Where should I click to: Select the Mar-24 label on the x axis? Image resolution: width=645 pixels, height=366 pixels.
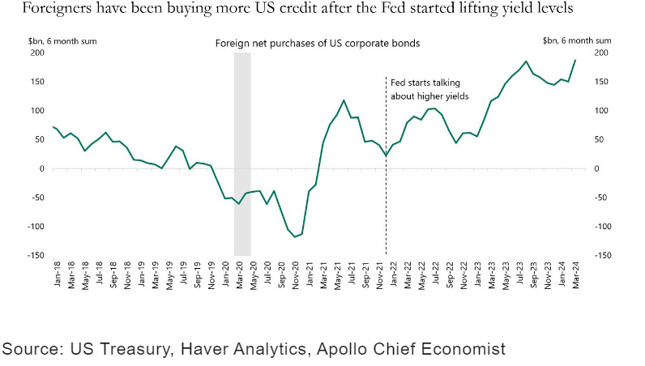click(575, 275)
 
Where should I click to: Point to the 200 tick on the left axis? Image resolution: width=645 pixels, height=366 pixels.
click(36, 53)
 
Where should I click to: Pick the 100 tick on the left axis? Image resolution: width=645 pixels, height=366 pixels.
click(36, 111)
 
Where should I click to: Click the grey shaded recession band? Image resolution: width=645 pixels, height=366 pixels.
click(242, 154)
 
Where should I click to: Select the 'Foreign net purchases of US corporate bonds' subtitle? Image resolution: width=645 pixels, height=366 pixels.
click(317, 43)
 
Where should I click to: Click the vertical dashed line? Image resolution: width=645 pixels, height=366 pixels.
click(385, 202)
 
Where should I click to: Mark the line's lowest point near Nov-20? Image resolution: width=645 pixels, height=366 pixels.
click(295, 237)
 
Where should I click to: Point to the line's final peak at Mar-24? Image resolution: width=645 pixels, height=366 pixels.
click(575, 60)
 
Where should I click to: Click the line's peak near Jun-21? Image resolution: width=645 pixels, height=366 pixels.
click(344, 100)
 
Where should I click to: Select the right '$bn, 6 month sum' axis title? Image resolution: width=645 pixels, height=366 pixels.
click(574, 38)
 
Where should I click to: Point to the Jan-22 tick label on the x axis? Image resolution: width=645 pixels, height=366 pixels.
click(392, 275)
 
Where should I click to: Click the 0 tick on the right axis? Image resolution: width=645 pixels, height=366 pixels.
click(598, 168)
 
